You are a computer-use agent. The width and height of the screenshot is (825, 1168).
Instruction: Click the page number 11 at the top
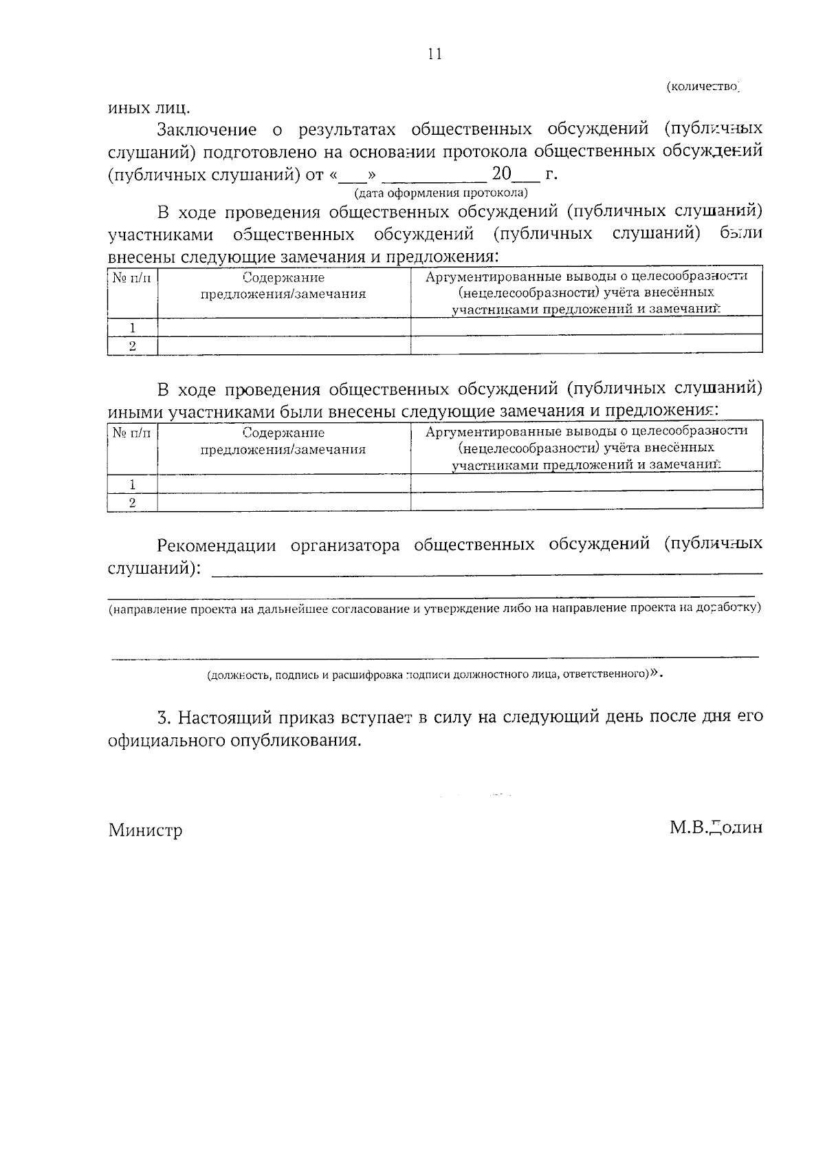click(434, 54)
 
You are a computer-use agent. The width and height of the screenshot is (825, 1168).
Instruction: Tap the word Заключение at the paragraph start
click(207, 129)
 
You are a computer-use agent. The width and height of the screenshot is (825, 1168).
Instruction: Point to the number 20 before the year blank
click(502, 173)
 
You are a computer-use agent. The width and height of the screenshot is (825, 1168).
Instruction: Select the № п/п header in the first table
click(132, 278)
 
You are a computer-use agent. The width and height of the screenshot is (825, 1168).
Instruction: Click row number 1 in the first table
click(133, 327)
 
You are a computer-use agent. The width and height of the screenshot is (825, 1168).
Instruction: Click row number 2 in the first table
click(133, 345)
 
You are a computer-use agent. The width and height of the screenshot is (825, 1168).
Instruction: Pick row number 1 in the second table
click(133, 484)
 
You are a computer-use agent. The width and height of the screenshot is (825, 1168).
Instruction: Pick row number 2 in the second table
click(133, 502)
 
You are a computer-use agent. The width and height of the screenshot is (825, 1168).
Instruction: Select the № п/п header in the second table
click(132, 433)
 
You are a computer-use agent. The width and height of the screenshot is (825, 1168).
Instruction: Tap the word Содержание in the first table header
click(283, 278)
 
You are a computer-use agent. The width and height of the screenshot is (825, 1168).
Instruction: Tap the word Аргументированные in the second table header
click(485, 431)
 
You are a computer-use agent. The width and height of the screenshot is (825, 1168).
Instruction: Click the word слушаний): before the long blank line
click(155, 569)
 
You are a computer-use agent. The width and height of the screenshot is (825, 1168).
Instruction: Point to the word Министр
click(145, 830)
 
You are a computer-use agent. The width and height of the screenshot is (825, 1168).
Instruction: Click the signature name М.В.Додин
click(716, 828)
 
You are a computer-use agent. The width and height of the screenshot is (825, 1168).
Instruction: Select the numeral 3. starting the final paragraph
click(164, 717)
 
